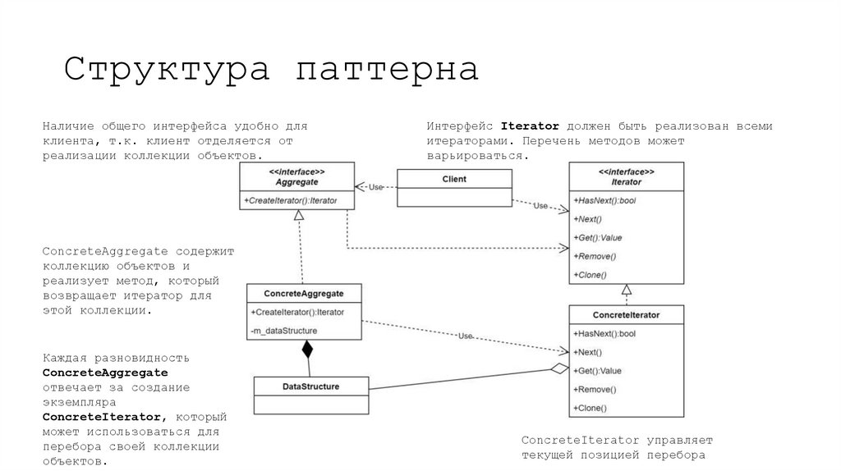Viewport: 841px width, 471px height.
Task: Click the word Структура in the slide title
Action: (x=168, y=68)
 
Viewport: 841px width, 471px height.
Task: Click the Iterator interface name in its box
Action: (x=626, y=181)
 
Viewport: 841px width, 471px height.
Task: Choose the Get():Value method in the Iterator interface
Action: (x=599, y=238)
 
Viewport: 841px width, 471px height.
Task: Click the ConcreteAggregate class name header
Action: (x=303, y=293)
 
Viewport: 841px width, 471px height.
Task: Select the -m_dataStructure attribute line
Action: (x=284, y=331)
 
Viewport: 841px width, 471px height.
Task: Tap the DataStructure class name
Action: (x=310, y=386)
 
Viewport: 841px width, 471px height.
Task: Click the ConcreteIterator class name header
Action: (x=626, y=314)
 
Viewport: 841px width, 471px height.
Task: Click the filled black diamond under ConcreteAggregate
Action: (x=307, y=350)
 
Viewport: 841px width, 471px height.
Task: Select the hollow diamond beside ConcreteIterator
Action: (x=559, y=369)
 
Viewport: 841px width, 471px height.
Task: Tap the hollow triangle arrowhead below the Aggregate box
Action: (x=300, y=215)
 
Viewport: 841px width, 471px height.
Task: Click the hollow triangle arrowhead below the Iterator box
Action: (x=626, y=289)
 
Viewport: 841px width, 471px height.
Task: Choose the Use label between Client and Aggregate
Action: (x=375, y=186)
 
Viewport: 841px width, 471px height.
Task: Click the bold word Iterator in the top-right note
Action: (x=530, y=126)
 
